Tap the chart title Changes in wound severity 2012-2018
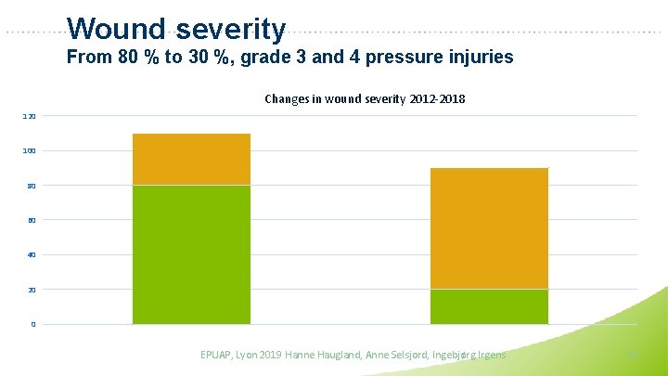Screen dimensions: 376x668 (x=365, y=98)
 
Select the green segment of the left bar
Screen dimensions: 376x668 (x=191, y=254)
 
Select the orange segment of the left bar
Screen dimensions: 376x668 (x=191, y=160)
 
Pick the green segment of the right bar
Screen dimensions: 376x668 (x=489, y=306)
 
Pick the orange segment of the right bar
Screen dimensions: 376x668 (x=489, y=228)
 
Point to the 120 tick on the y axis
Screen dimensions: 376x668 (x=30, y=116)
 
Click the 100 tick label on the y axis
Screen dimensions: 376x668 (x=30, y=150)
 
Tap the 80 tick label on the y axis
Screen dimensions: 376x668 (x=32, y=186)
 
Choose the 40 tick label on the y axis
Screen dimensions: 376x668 (x=32, y=255)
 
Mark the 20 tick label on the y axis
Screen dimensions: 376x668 (x=32, y=290)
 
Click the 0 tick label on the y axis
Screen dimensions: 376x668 (x=33, y=324)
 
